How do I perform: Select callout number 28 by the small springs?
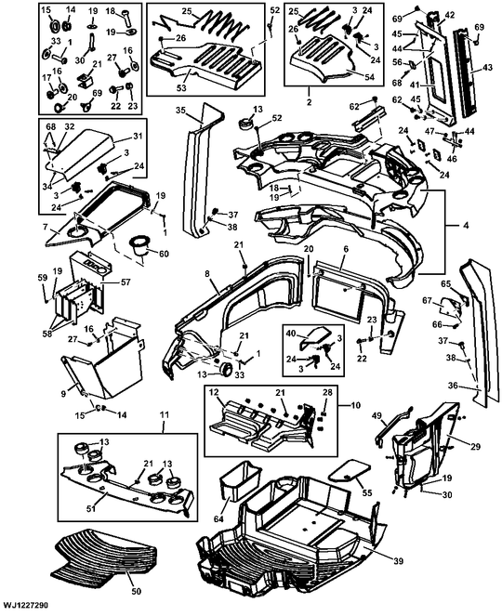[326, 393]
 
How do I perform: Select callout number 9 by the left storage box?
[63, 394]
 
